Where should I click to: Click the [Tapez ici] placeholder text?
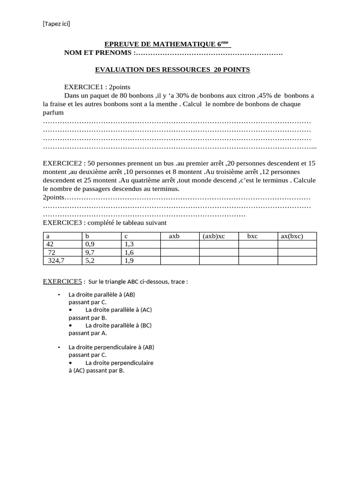pos(57,23)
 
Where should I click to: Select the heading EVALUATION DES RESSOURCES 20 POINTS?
pos(172,69)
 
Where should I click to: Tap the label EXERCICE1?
pos(83,87)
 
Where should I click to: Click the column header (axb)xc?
pos(213,236)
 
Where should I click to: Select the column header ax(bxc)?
pos(292,236)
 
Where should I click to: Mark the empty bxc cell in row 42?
pos(258,244)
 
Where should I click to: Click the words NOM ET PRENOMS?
pos(98,52)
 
